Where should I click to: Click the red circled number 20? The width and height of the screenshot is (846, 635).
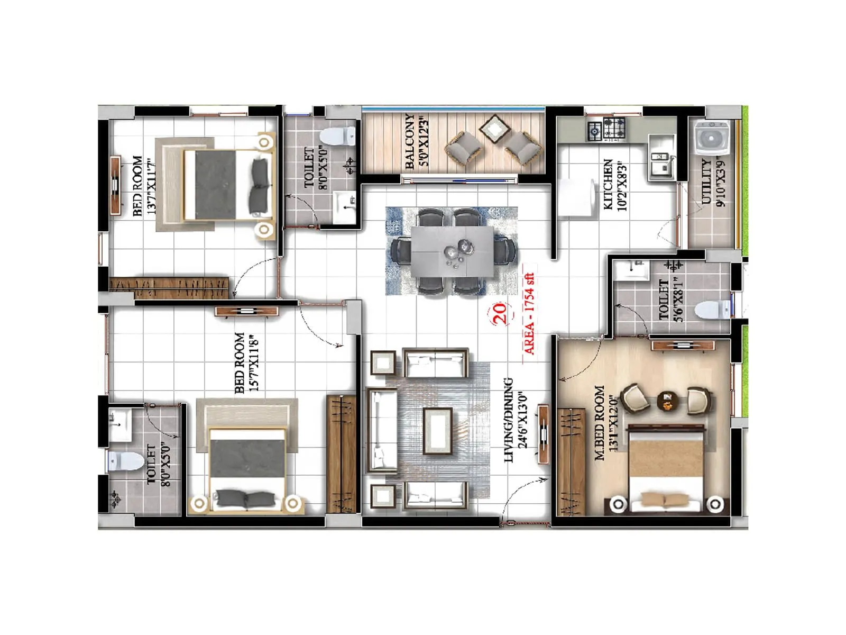500,313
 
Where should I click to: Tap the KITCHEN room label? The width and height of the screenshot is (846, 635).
608,184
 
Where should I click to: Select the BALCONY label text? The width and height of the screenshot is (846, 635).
410,141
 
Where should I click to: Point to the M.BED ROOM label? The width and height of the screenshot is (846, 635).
600,423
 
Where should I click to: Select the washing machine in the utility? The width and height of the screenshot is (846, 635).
711,137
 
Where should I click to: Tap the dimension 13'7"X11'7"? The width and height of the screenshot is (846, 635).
152,186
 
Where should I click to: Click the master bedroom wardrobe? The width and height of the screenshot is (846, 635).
572,460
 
